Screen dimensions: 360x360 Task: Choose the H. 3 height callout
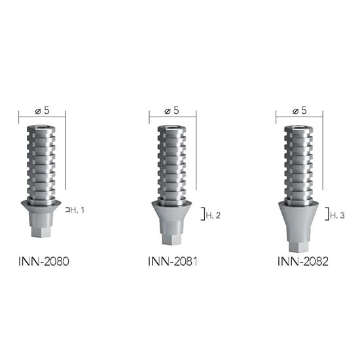tap(337, 215)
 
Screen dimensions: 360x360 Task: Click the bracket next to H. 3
tap(327, 215)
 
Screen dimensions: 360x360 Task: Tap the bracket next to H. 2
tap(202, 215)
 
